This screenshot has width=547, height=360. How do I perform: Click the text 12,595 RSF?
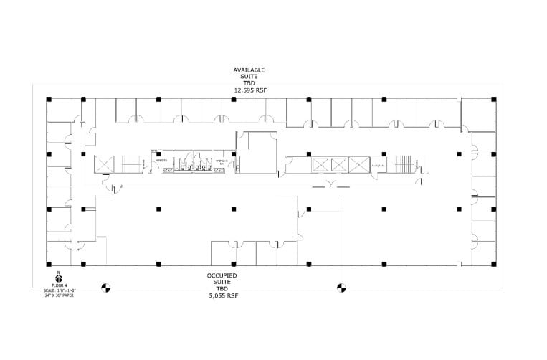pos(249,90)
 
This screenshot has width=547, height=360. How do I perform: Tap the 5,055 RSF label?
pos(222,295)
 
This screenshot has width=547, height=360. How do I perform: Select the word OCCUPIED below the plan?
pos(222,275)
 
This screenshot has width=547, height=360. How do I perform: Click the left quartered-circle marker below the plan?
pos(105,288)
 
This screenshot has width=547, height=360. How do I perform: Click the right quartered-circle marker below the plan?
pos(341,288)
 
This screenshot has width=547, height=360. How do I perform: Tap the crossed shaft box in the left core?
pos(105,164)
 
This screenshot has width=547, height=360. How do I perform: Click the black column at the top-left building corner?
pos(49,99)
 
